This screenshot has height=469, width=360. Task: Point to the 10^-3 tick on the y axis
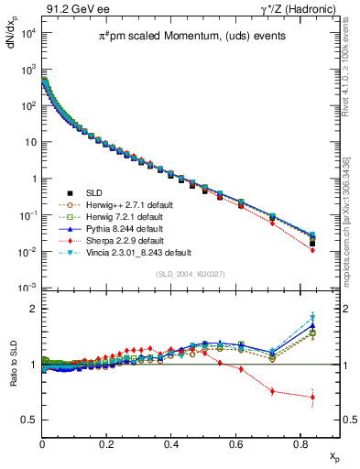pyautogui.click(x=30, y=288)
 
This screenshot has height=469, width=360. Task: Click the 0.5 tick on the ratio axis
pyautogui.click(x=30, y=420)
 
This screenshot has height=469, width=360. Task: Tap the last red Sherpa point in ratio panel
pyautogui.click(x=313, y=397)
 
